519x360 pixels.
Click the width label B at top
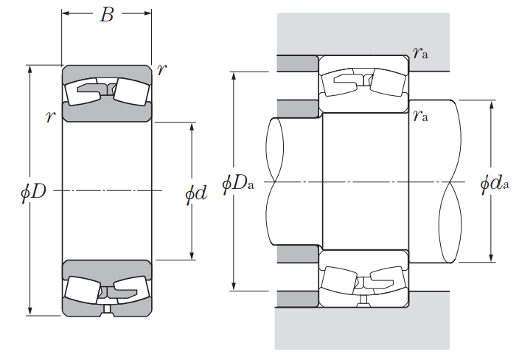(x=107, y=15)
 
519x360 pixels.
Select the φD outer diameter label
(x=33, y=192)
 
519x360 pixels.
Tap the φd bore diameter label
(x=196, y=193)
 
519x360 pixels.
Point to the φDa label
(x=238, y=183)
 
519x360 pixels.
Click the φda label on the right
(x=495, y=183)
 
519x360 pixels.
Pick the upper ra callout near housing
(x=420, y=52)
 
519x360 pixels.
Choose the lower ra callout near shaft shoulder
(x=420, y=115)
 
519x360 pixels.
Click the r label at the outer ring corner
(x=162, y=69)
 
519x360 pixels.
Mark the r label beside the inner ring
(x=51, y=117)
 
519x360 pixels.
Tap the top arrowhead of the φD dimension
(x=30, y=69)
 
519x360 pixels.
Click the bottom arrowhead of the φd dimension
(x=192, y=256)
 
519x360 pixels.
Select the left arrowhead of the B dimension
(x=66, y=13)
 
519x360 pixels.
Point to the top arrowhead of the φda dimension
(x=492, y=105)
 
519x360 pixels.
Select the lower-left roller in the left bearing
(x=83, y=290)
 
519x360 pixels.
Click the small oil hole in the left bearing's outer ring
(x=107, y=308)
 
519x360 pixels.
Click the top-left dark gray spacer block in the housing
(x=297, y=63)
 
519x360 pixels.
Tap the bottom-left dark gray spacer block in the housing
(x=297, y=299)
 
